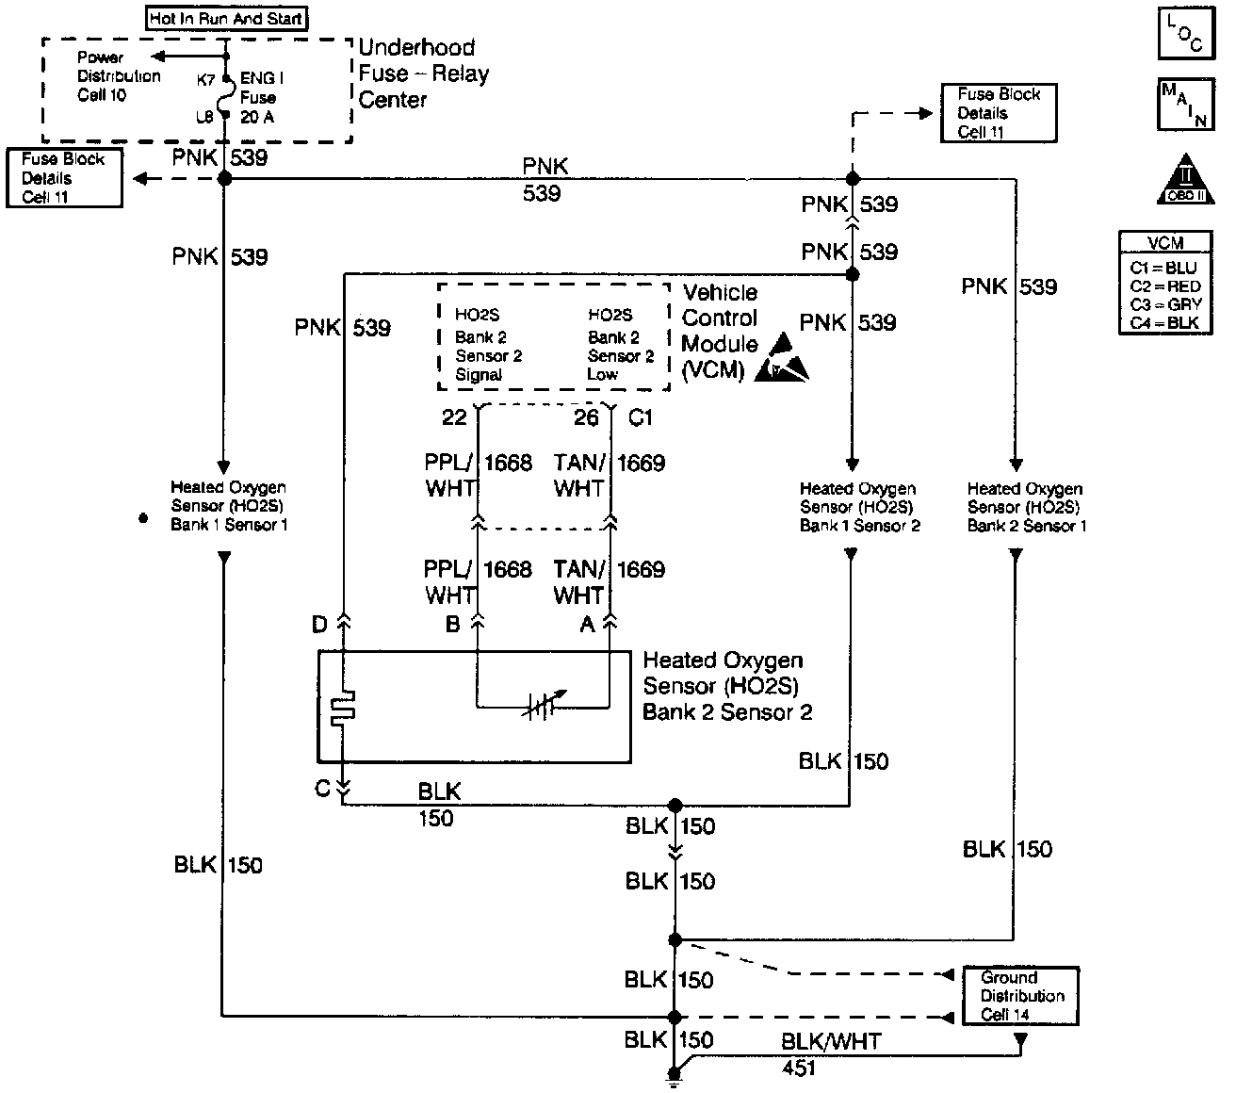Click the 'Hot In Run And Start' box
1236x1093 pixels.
click(226, 18)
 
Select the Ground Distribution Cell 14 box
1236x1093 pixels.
click(1019, 996)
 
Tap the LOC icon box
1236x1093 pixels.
click(1184, 34)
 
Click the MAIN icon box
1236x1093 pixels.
click(1184, 105)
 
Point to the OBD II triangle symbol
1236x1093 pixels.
click(1186, 180)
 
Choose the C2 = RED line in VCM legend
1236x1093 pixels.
click(1165, 286)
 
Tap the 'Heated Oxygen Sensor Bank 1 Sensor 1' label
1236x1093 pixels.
click(228, 506)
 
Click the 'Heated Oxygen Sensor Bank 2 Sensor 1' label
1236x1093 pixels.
click(1026, 507)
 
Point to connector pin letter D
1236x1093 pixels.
click(320, 625)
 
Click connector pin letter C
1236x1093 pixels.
click(323, 789)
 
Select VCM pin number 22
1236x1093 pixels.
click(454, 416)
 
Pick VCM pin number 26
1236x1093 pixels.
click(586, 416)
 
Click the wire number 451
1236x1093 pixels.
click(799, 1069)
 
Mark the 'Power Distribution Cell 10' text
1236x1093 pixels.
click(119, 76)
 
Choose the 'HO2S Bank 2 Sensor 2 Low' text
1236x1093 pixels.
click(620, 345)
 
